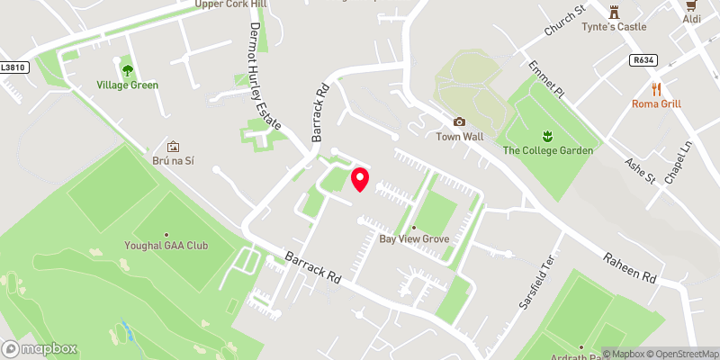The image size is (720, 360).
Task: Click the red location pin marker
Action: [360, 178]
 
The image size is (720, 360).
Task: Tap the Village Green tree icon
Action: [127, 68]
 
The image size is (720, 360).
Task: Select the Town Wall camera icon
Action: [460, 121]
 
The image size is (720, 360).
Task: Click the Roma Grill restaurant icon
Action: [655, 88]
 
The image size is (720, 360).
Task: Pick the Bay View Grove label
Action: [414, 238]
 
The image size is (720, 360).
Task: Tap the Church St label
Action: [564, 22]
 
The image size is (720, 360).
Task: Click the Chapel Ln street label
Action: [677, 163]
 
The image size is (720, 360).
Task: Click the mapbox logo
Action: [40, 348]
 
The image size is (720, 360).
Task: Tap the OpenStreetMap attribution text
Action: [681, 354]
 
